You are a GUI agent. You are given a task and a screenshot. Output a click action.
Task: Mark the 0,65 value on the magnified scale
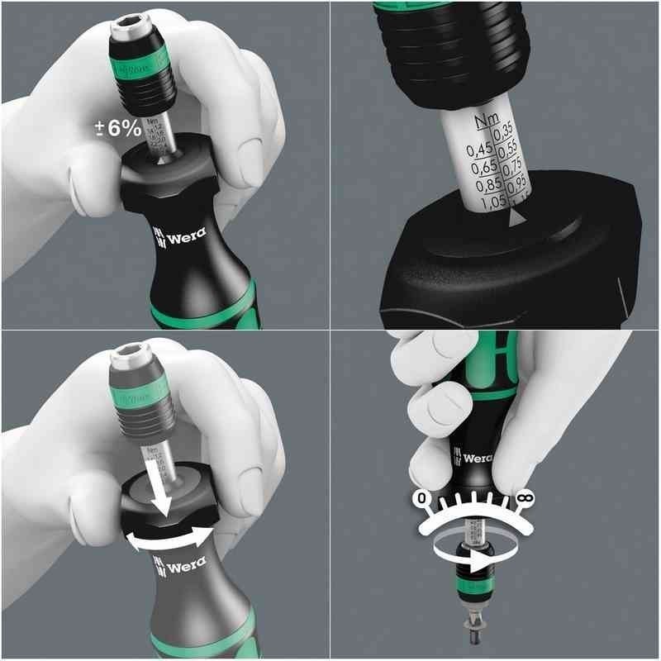pos(483,169)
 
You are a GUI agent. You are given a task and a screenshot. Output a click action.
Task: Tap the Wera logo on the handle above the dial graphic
pos(474,458)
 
